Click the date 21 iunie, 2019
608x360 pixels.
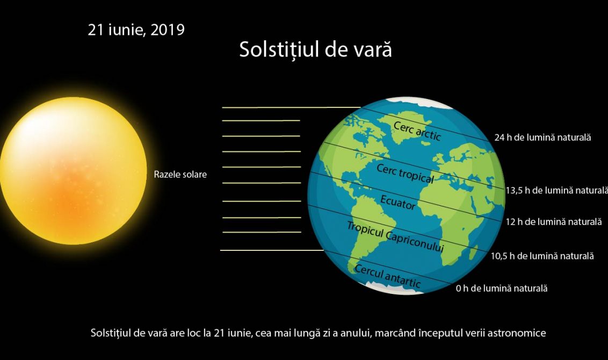[x=136, y=30]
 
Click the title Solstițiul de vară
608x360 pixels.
[x=315, y=49]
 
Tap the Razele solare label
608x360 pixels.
[x=180, y=175]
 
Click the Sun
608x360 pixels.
[x=73, y=171]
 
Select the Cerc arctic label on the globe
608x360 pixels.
[x=417, y=131]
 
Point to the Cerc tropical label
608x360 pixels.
[x=405, y=173]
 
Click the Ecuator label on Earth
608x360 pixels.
[x=398, y=202]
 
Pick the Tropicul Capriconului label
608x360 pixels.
[x=395, y=236]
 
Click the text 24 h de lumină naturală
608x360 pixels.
[x=542, y=138]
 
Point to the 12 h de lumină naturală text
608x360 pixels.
[x=554, y=222]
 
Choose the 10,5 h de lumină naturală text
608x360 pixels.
[x=542, y=256]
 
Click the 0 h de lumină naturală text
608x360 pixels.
[x=502, y=288]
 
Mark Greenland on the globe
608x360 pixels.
[x=403, y=124]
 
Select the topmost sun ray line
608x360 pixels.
[x=291, y=107]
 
